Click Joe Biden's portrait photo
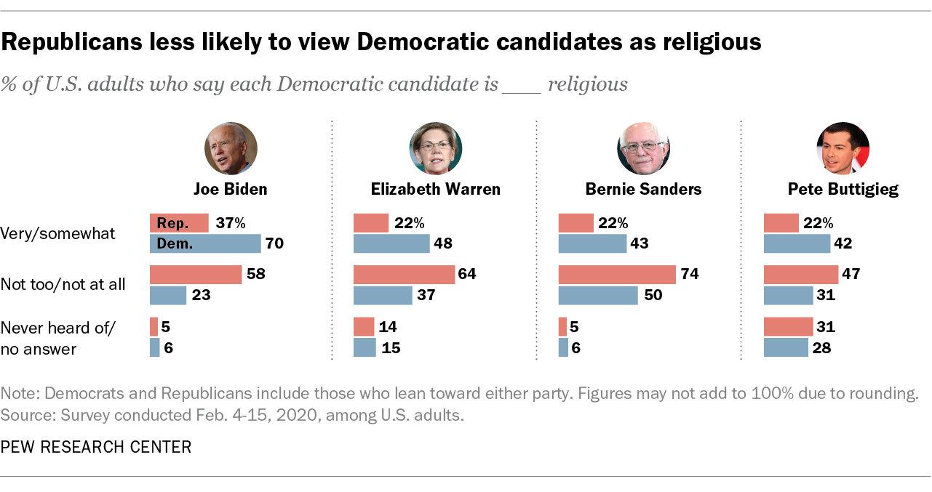231,148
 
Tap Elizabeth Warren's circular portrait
436,148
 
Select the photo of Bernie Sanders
643,148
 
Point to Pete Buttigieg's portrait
843,148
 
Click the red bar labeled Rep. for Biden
179,223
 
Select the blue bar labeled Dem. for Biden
204,243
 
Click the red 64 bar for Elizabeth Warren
404,275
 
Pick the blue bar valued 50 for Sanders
598,295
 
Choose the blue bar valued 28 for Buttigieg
786,347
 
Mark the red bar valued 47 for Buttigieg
800,275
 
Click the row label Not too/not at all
63,284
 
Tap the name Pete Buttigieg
843,190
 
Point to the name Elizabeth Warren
436,190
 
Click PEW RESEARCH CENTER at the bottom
96,447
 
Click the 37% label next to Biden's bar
231,223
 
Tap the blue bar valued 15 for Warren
365,347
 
